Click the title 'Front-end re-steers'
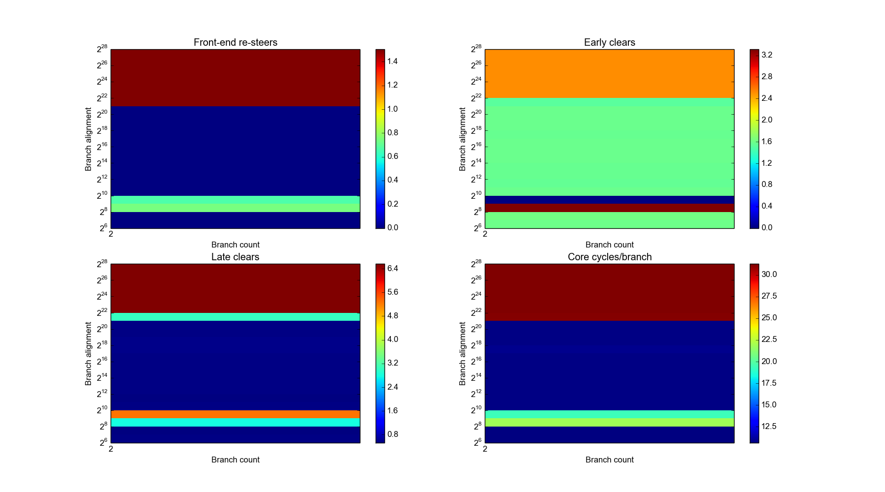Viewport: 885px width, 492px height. (x=235, y=42)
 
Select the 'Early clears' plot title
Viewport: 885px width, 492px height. (x=609, y=42)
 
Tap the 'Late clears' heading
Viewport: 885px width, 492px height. (x=235, y=257)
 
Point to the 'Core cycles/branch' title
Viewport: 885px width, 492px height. (x=609, y=257)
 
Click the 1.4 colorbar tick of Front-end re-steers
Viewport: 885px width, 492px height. (x=392, y=61)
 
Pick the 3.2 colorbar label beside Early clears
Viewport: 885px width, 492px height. (x=767, y=55)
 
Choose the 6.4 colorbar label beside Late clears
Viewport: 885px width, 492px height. (x=392, y=269)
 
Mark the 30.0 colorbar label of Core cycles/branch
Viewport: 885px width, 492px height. (x=769, y=275)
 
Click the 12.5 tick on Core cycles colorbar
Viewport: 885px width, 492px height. (x=769, y=427)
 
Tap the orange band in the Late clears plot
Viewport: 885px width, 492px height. (x=235, y=414)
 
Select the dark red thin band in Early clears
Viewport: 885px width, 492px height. (x=609, y=208)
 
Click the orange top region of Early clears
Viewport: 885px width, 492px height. (x=609, y=74)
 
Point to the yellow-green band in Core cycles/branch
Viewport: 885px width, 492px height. (x=609, y=422)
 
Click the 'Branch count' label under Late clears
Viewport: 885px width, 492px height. (x=235, y=460)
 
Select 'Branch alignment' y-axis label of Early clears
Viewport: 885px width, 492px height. (x=462, y=139)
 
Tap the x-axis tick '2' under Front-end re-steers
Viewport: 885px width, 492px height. (x=111, y=234)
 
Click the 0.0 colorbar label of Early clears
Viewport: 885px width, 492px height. (x=767, y=228)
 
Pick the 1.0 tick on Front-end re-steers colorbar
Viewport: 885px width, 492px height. (x=392, y=109)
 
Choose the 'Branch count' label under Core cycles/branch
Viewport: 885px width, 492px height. (x=609, y=460)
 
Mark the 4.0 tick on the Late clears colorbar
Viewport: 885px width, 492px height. (x=392, y=339)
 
